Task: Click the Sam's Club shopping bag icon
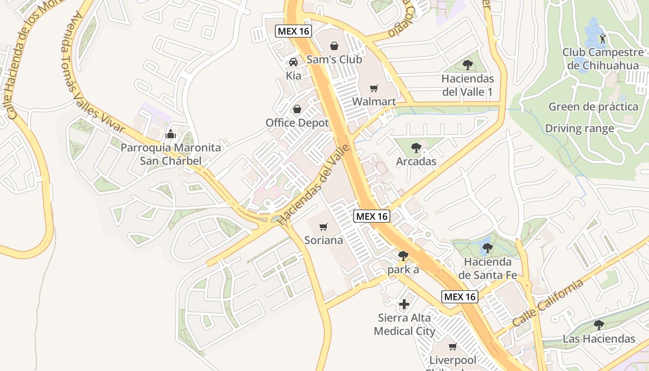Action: [334, 46]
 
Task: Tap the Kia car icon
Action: [293, 62]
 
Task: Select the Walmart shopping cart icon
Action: [374, 88]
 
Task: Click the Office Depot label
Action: [297, 123]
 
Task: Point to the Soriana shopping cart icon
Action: [324, 227]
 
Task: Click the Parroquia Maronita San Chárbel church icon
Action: [171, 134]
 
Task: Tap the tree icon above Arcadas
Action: [416, 148]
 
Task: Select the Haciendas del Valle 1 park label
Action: [468, 85]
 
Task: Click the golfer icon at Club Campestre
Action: [602, 38]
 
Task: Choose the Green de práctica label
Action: [593, 107]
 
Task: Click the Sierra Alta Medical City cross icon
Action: [404, 304]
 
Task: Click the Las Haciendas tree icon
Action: [599, 325]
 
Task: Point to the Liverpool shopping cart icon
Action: [453, 346]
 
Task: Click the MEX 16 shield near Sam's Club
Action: [293, 32]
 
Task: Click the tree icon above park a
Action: [403, 256]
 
